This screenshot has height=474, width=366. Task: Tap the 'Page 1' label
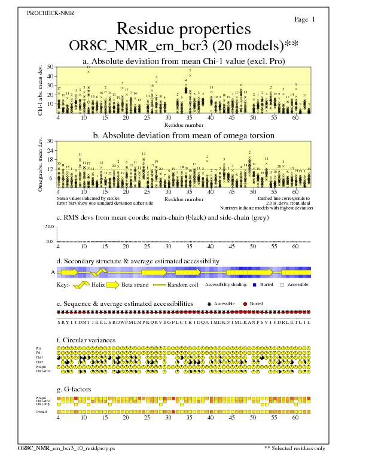point(305,20)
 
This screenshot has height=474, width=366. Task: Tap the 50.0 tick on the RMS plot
point(50,227)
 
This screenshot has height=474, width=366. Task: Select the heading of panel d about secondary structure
point(138,261)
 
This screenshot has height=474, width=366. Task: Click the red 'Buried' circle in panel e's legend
point(245,304)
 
